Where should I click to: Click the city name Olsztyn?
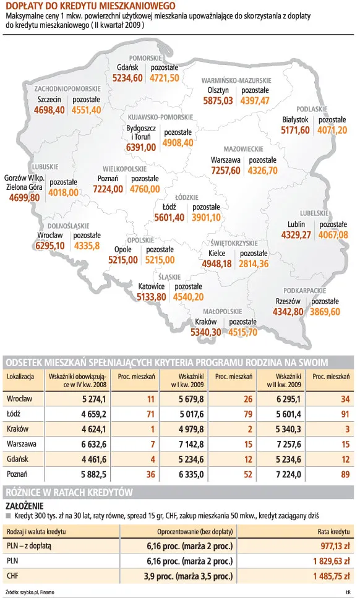pyautogui.click(x=218, y=90)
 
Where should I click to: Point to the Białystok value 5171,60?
pyautogui.click(x=295, y=130)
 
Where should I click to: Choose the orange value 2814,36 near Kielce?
pyautogui.click(x=254, y=263)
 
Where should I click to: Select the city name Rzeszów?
pyautogui.click(x=288, y=301)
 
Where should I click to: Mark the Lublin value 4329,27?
pyautogui.click(x=296, y=234)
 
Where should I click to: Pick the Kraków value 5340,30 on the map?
pyautogui.click(x=206, y=332)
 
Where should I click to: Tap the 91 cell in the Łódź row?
pyautogui.click(x=345, y=414)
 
